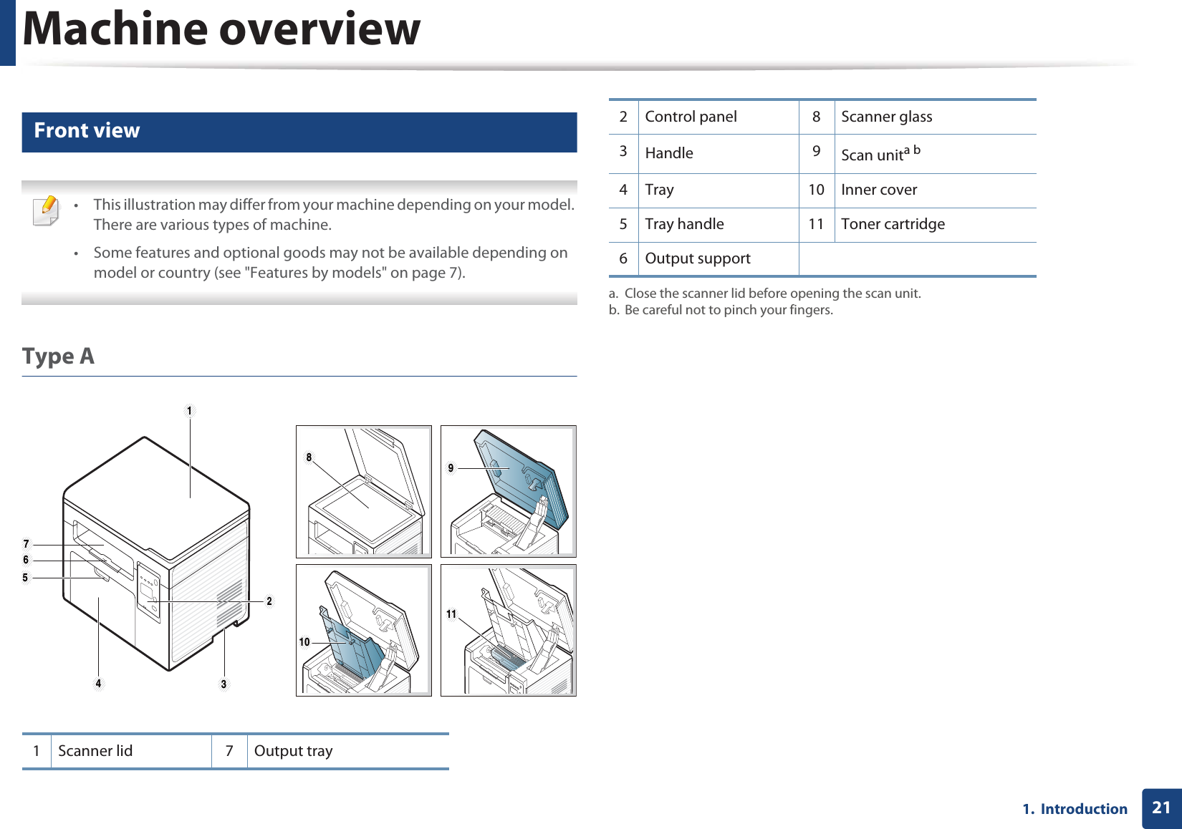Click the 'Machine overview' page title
tap(221, 30)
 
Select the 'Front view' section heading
tap(87, 131)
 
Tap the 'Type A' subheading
tap(58, 356)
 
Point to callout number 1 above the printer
tap(189, 411)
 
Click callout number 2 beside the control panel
tap(269, 601)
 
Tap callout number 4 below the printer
tap(98, 684)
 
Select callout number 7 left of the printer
tap(26, 544)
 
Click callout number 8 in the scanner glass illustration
tap(309, 457)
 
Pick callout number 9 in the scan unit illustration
tap(451, 468)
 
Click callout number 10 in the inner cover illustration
tap(304, 642)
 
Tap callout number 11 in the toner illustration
tap(451, 614)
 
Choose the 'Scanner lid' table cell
tap(95, 751)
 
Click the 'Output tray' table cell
tap(293, 751)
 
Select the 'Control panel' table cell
tap(691, 117)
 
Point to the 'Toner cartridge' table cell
tap(893, 224)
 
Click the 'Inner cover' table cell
tap(879, 190)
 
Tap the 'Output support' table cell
tap(698, 258)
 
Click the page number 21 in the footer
tap(1161, 808)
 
